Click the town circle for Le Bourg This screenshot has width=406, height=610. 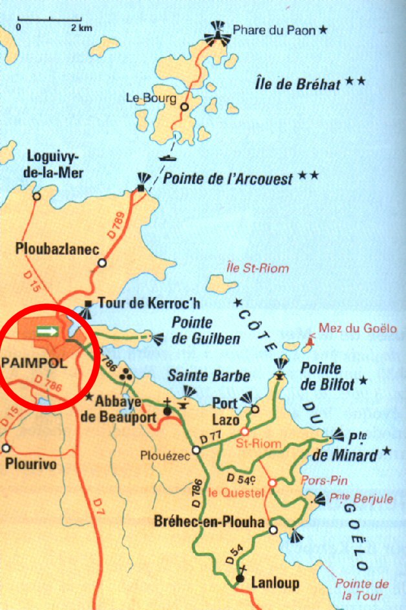coord(185,107)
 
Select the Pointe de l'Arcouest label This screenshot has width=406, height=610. coord(228,179)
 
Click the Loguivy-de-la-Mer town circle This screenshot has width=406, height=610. coord(37,195)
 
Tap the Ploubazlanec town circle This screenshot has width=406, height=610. coord(102,263)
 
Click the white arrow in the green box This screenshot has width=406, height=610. coord(47,331)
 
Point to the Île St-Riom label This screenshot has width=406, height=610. coord(258,268)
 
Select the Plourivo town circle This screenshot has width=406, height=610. coord(7,448)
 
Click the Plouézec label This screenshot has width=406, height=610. coord(165,455)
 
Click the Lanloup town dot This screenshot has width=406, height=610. coord(240,578)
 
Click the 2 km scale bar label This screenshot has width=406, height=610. coord(82,28)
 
